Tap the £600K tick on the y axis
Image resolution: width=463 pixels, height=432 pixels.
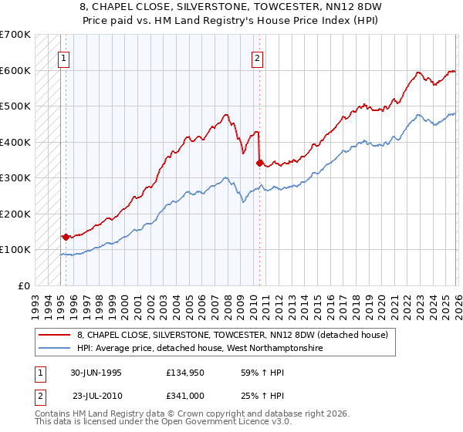pos(15,70)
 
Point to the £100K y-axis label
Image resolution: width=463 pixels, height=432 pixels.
pos(15,250)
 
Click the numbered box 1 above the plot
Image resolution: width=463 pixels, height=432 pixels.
pos(64,56)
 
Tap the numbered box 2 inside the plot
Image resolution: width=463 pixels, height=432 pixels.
pos(257,56)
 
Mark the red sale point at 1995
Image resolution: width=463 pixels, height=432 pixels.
pos(66,237)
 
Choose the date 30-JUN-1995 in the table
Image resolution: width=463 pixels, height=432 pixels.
pos(96,372)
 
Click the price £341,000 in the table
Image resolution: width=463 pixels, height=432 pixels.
pos(184,397)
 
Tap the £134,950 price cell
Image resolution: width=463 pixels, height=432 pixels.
pos(184,372)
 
